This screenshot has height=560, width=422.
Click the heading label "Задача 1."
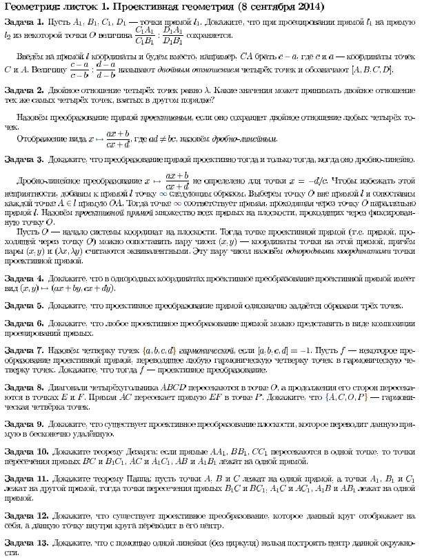[24, 21]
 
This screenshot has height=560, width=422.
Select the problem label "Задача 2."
[24, 90]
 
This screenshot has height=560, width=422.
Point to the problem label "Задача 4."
[24, 277]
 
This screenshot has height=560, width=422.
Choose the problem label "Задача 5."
[24, 305]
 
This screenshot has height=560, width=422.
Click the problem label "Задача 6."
[24, 323]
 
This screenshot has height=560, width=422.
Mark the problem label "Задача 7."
[24, 350]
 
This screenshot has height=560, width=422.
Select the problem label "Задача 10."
[26, 451]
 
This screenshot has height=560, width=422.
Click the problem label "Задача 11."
[26, 478]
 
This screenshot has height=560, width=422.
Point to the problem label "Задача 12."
[26, 514]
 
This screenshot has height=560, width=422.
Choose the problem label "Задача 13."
[26, 542]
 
